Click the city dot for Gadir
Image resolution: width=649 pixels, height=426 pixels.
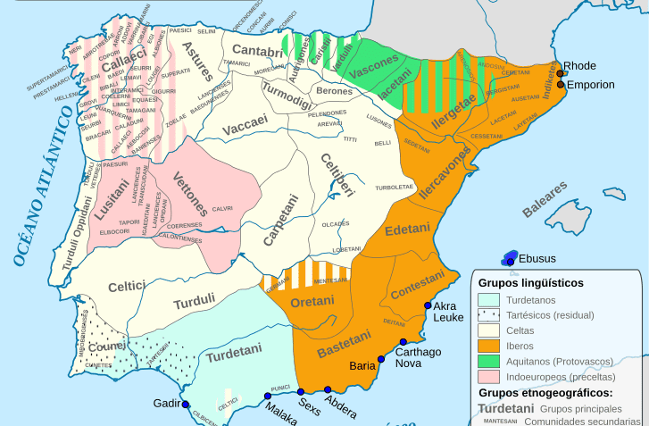tap(187, 405)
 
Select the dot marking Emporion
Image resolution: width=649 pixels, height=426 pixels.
tap(560, 85)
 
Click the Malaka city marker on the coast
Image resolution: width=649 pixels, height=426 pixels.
tap(266, 396)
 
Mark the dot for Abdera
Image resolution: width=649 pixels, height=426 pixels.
tap(329, 389)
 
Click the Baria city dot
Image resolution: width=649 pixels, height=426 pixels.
tap(381, 359)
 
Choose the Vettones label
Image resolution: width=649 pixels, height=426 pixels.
tap(190, 194)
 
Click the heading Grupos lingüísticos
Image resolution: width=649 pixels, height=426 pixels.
tap(530, 282)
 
